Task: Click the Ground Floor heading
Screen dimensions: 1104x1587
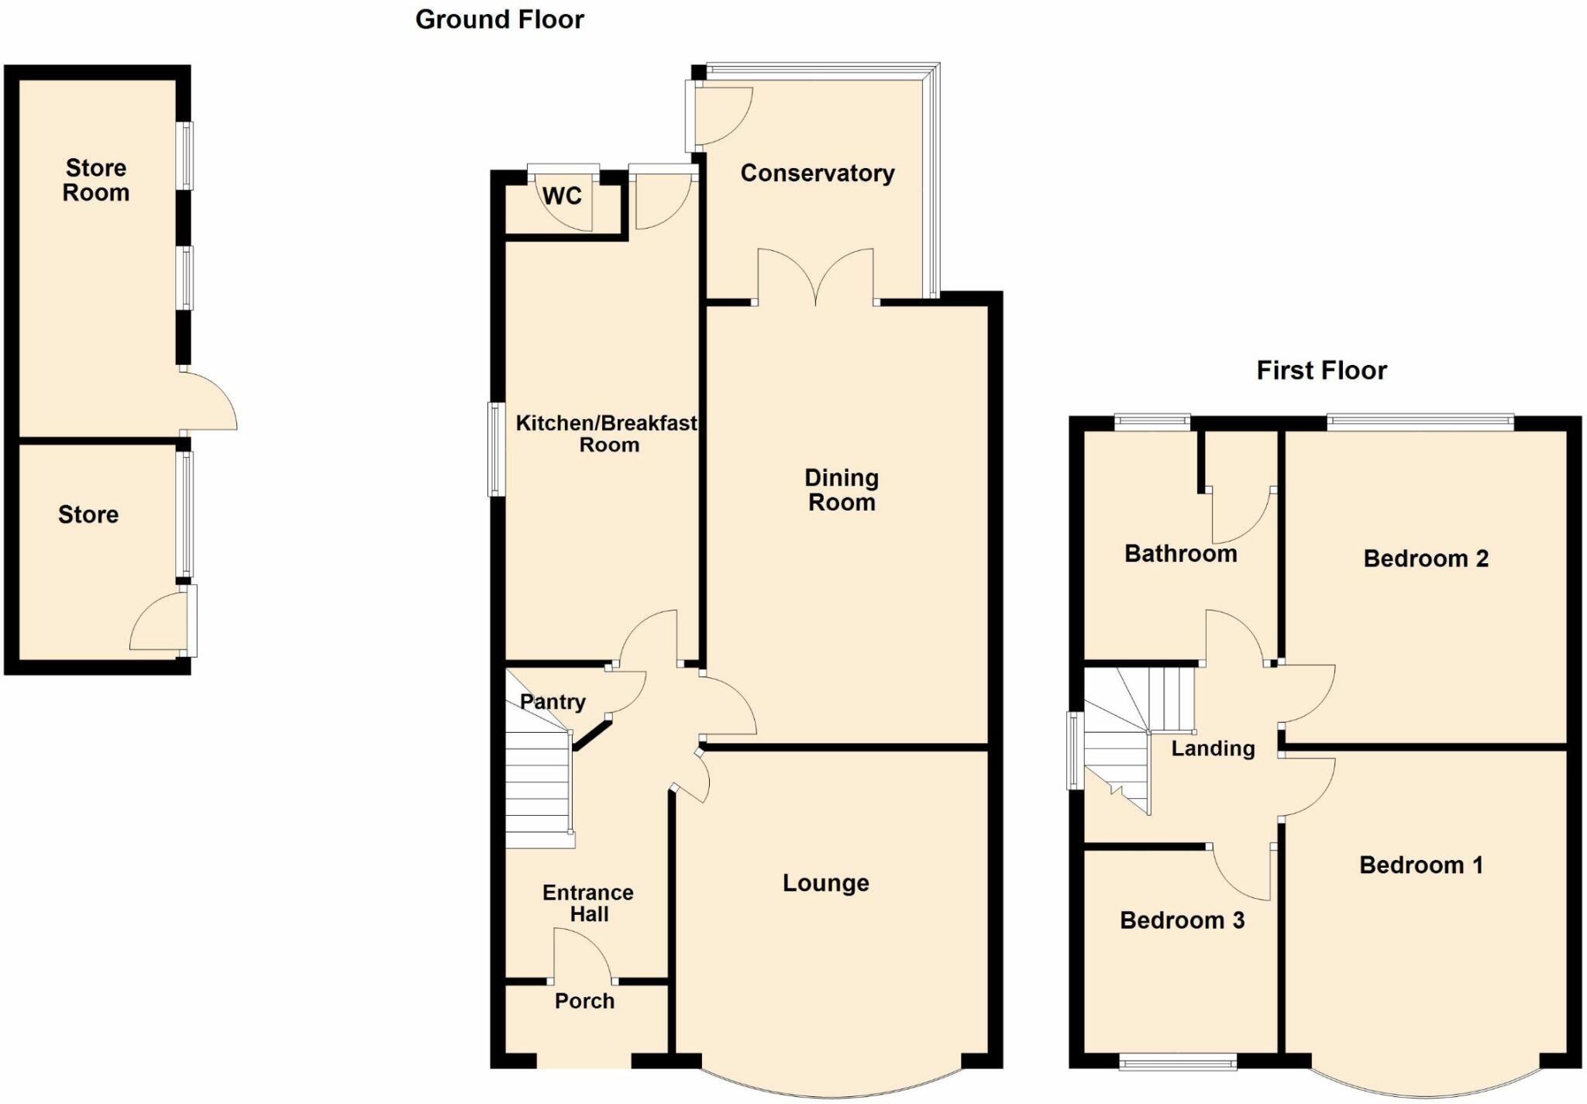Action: [x=499, y=19]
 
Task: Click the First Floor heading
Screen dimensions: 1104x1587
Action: [x=1321, y=370]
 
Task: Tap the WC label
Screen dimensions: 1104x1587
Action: [x=562, y=196]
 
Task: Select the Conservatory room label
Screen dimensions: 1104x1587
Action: [x=818, y=173]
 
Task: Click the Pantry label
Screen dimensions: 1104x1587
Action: [x=553, y=702]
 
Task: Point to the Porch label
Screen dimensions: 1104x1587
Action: [x=584, y=1001]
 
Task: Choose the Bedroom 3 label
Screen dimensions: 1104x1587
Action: [x=1182, y=920]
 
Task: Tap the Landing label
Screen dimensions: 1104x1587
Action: [x=1213, y=748]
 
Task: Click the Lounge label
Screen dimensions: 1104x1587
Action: [x=825, y=882]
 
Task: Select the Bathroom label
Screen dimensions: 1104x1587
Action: [x=1180, y=554]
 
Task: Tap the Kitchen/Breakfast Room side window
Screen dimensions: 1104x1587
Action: [x=495, y=449]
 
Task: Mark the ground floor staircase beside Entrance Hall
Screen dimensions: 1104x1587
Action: [x=539, y=782]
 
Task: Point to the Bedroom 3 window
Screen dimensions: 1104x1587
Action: [x=1178, y=1062]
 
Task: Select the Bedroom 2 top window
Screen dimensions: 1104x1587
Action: [x=1420, y=421]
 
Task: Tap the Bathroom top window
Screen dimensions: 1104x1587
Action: [x=1152, y=421]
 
